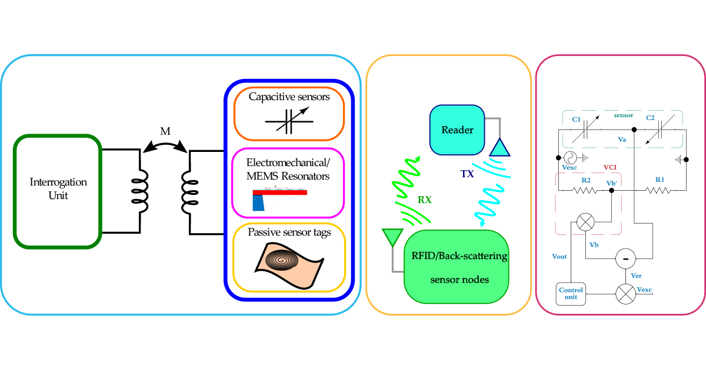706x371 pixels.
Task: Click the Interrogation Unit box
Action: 58,191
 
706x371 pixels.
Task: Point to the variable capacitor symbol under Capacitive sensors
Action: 288,122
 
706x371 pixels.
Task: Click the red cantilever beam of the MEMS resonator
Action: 280,193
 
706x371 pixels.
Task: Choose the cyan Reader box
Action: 457,130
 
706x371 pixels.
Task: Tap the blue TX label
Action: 468,174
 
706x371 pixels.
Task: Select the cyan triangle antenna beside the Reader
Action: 499,147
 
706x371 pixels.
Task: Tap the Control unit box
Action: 571,293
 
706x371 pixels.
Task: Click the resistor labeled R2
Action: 585,190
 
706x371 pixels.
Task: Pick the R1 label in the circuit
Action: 660,180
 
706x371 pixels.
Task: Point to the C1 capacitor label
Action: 577,120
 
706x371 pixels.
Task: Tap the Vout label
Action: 559,257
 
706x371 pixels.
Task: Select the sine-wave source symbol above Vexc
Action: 570,157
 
